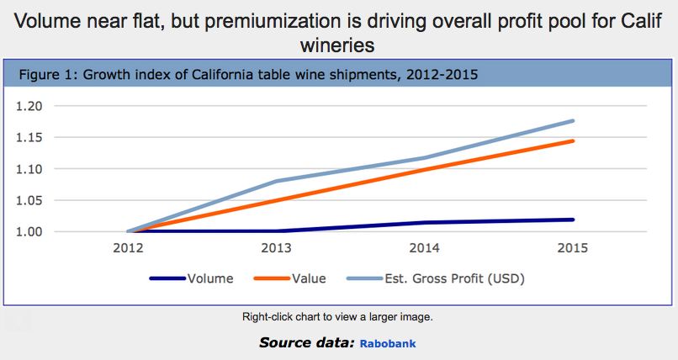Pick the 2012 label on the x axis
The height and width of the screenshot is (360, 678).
[x=128, y=248]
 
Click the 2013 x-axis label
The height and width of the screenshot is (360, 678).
[x=277, y=248]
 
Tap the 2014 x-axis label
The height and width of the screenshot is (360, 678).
[x=425, y=248]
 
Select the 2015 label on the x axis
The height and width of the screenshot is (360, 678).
[x=573, y=248]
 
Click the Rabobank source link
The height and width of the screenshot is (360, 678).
[x=388, y=344]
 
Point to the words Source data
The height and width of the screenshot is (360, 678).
[x=306, y=343]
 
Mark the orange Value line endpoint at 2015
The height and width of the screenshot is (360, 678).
[x=574, y=140]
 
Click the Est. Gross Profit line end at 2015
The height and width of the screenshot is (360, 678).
[x=574, y=120]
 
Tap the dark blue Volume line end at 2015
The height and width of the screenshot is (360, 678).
[x=574, y=220]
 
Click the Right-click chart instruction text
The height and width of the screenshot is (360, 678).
[x=337, y=317]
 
